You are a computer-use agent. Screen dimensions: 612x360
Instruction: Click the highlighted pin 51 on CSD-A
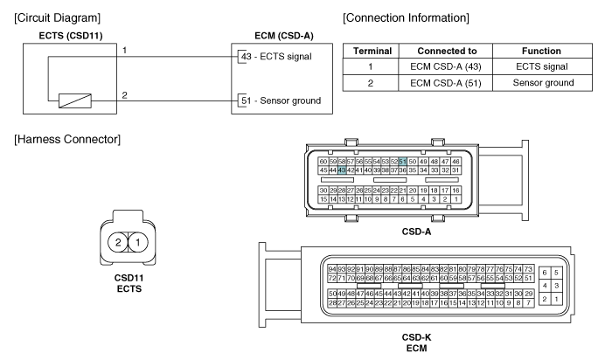point(402,162)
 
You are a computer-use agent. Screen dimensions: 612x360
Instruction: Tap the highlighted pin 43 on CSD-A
point(342,170)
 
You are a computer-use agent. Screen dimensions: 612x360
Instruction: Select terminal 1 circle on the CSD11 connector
point(138,243)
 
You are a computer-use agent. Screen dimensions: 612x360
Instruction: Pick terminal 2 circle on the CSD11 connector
point(118,243)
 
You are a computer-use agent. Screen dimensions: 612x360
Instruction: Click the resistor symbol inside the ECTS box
point(75,101)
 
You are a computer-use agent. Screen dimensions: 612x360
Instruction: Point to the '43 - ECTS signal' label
point(276,57)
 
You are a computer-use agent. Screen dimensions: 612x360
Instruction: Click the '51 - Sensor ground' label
point(281,100)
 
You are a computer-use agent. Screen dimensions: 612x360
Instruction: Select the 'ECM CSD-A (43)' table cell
point(445,66)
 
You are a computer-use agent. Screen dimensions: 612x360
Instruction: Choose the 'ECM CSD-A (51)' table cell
point(445,83)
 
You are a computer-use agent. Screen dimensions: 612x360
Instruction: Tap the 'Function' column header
point(541,51)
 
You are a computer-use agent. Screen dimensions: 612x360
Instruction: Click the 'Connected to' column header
point(447,51)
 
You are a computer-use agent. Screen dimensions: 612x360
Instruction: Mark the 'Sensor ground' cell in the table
point(543,83)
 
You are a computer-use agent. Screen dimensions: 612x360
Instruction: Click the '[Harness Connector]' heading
point(67,139)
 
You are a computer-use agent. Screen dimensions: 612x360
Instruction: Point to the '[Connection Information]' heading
point(406,18)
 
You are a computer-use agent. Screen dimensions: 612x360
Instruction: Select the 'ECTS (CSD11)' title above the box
point(71,36)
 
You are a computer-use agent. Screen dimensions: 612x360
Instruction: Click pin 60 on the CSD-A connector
point(323,162)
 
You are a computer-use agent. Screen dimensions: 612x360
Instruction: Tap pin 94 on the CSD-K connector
point(331,269)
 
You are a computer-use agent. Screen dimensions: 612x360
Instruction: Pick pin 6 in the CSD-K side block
point(545,273)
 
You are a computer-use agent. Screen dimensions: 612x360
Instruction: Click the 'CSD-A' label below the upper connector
point(416,232)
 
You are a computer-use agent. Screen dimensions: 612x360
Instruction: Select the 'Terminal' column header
point(372,51)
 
